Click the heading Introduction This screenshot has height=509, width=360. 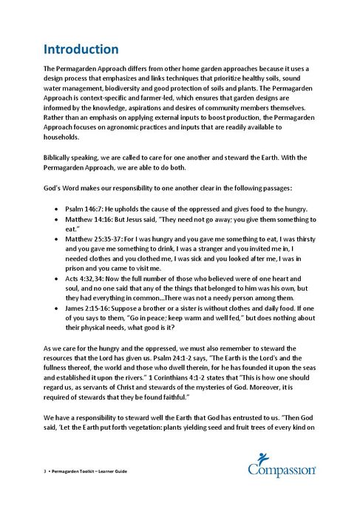tap(81, 50)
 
